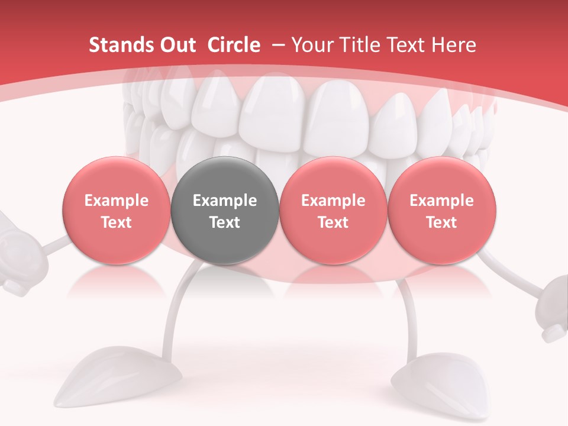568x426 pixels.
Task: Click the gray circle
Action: [225, 211]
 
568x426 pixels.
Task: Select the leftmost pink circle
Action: [117, 211]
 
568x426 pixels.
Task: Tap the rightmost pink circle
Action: [441, 211]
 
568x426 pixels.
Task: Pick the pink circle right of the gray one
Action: [333, 211]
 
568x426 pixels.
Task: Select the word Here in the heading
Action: [455, 45]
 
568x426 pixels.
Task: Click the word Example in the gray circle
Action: [225, 201]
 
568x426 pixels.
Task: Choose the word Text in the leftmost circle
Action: [117, 222]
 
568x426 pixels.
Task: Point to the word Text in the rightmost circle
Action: [441, 222]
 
